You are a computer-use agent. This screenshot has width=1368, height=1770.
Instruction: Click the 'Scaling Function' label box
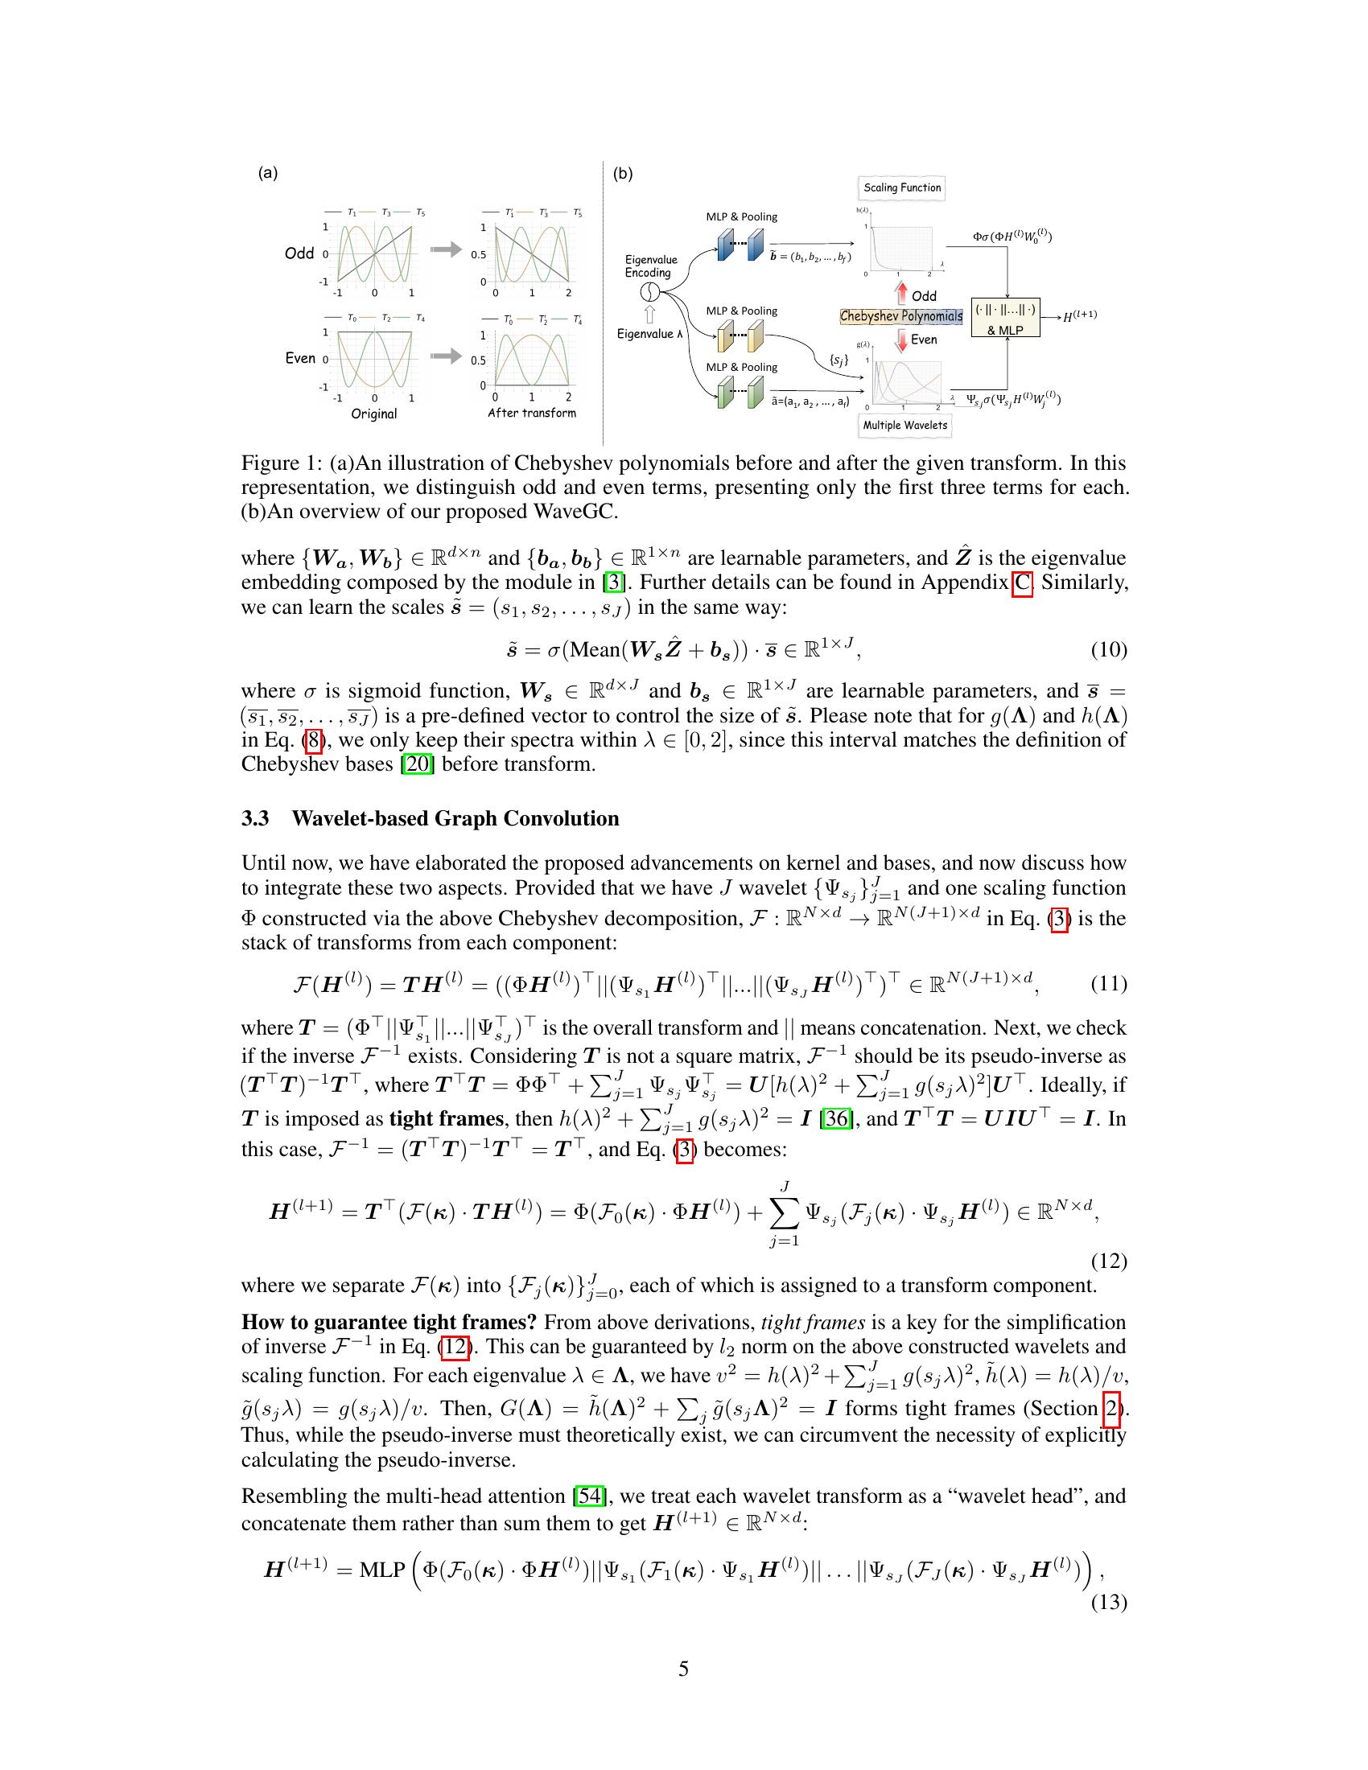[x=902, y=188]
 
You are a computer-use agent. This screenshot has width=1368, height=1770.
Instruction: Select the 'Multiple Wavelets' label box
[x=904, y=425]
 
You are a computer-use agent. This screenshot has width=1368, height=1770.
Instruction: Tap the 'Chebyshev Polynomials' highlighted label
[x=901, y=317]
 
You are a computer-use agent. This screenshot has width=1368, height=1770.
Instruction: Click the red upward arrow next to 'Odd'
[x=902, y=294]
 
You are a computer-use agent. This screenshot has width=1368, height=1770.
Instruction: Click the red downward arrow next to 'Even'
[x=901, y=340]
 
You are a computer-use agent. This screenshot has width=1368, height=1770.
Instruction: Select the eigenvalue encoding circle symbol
[x=649, y=293]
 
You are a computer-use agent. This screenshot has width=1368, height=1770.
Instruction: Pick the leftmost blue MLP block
[x=724, y=245]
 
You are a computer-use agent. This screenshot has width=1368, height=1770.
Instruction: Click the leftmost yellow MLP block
[x=724, y=336]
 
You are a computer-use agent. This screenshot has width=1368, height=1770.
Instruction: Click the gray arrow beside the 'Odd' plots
[x=445, y=250]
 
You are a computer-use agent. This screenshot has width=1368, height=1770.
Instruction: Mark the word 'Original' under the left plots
[x=373, y=414]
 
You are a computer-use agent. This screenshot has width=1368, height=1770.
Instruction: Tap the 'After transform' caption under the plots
[x=532, y=414]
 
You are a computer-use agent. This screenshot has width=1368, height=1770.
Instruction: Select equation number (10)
[x=1107, y=649]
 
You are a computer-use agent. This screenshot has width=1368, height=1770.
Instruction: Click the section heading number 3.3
[x=255, y=818]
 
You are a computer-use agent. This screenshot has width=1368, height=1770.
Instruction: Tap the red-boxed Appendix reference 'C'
[x=1023, y=582]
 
